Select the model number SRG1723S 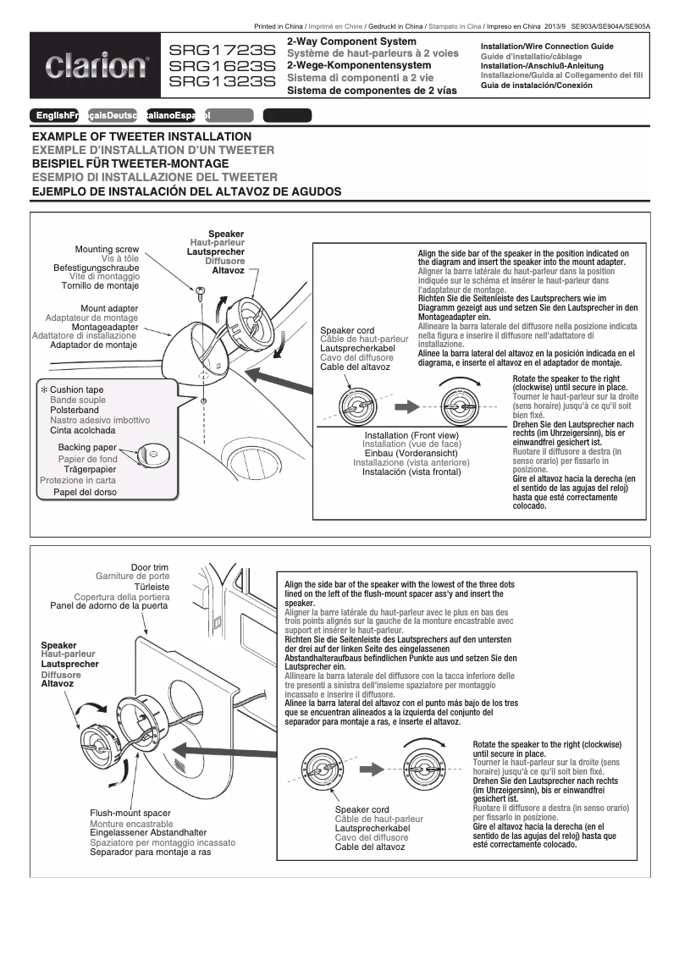223,51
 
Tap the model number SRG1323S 223,81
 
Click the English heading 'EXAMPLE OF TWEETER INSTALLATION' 141,136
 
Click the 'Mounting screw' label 107,250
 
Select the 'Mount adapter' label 109,308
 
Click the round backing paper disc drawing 153,455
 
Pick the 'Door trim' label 150,567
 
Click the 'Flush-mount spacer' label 130,813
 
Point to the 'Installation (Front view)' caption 411,435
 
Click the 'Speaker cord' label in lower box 362,810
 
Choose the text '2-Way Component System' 351,41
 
